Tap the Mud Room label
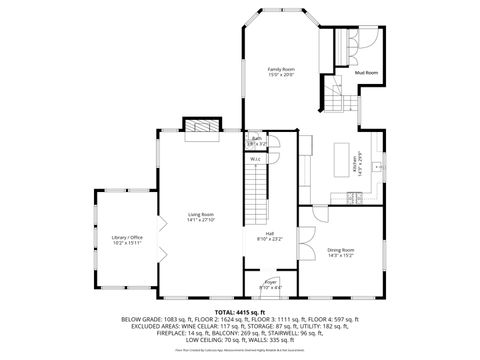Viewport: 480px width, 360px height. point(366,73)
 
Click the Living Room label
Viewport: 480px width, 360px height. point(201,214)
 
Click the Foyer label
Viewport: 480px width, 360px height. point(270,283)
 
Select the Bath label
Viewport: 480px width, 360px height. point(257,139)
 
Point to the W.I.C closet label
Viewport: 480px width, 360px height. point(256,158)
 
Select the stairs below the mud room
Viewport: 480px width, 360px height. point(335,97)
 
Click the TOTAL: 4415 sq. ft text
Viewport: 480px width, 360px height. point(240,311)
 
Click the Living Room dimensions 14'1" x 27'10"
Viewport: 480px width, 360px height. point(201,220)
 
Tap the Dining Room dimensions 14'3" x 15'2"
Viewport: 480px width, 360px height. point(340,255)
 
